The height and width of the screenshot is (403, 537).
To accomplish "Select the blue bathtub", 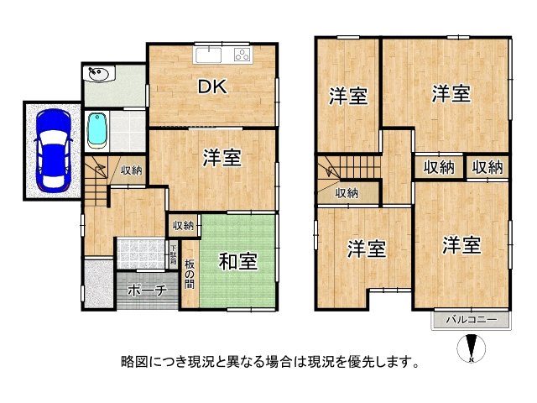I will [x=98, y=132].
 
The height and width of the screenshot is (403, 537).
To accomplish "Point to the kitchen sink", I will [x=207, y=55].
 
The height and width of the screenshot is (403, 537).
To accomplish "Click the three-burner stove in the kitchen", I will [x=242, y=55].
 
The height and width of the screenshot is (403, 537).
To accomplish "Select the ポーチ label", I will [x=147, y=290].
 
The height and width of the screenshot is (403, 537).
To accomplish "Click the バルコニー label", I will [x=471, y=320].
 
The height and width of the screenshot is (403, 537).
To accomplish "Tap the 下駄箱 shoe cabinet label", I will [x=173, y=254].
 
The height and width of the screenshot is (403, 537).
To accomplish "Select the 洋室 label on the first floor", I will [x=222, y=157].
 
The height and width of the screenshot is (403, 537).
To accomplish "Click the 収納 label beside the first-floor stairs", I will [x=130, y=170].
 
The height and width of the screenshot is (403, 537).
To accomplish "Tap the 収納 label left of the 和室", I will [x=184, y=225].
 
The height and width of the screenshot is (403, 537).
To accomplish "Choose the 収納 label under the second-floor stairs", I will [x=347, y=193].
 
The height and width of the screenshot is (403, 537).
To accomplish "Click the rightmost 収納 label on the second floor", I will [x=487, y=166].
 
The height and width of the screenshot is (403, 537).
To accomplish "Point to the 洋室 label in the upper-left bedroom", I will [x=347, y=96].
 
